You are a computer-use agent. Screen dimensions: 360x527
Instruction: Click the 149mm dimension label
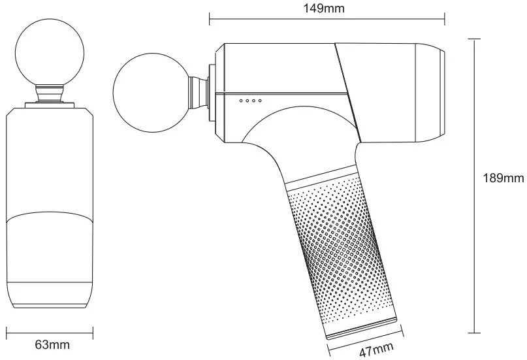(327, 8)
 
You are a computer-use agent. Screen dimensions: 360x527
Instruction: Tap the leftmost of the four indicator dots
(241, 100)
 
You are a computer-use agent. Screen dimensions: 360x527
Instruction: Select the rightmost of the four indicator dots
(260, 100)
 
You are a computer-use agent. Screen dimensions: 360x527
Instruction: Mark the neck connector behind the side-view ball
(197, 91)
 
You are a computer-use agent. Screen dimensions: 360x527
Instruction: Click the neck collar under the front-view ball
(50, 95)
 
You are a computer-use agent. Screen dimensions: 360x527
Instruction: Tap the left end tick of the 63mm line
(7, 332)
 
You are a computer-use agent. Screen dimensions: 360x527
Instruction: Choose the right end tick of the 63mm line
(93, 332)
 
